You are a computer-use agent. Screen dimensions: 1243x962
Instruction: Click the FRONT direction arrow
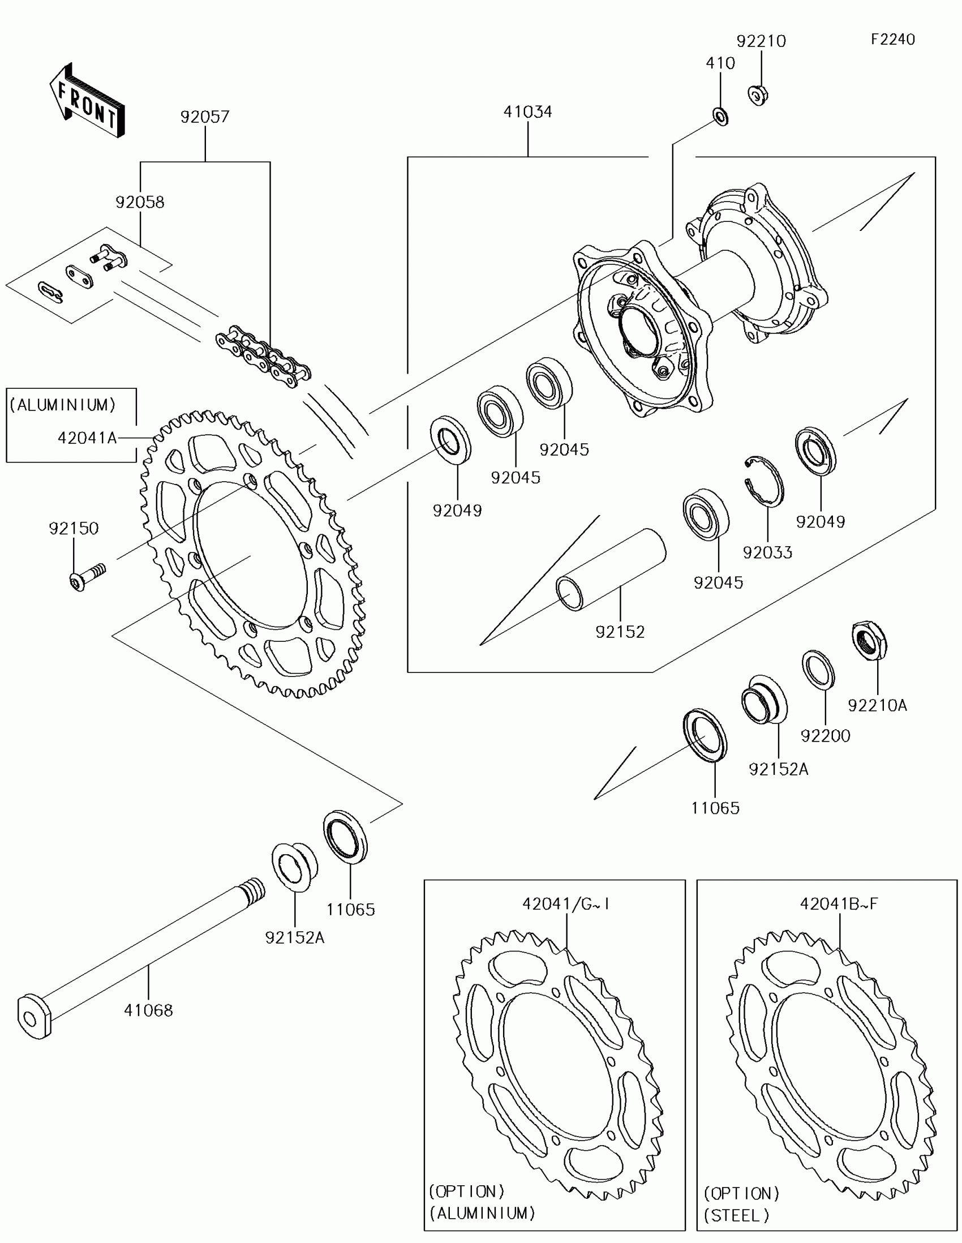[87, 101]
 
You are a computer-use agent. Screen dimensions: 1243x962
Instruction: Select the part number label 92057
[205, 117]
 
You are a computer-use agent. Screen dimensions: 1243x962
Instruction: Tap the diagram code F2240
[892, 39]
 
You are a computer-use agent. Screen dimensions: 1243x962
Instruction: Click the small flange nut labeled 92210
[758, 95]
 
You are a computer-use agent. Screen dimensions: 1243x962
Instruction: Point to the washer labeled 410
[721, 117]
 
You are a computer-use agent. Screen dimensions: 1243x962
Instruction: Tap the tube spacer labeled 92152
[612, 569]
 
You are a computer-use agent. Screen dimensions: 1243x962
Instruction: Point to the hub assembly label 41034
[527, 112]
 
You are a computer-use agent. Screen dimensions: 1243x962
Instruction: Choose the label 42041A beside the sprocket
[87, 438]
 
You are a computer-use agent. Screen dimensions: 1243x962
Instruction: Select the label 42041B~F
[839, 904]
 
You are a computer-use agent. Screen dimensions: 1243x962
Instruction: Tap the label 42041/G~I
[566, 904]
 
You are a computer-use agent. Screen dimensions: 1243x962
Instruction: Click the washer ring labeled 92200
[819, 670]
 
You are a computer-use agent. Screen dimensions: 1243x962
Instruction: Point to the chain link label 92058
[140, 202]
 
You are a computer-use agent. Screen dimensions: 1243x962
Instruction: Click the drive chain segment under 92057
[263, 357]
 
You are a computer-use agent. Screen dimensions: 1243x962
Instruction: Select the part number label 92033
[767, 552]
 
